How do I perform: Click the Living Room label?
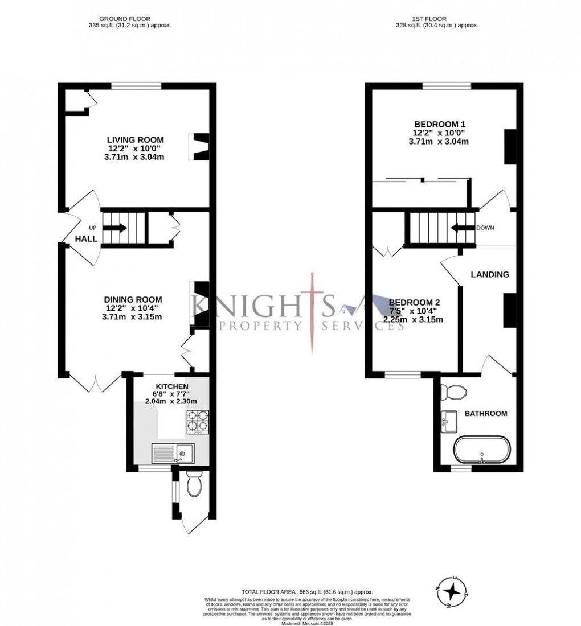[136, 139]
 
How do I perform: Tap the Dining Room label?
[133, 299]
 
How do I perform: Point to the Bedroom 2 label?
[414, 302]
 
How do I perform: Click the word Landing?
[489, 274]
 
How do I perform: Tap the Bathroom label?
[485, 413]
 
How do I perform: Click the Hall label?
[86, 239]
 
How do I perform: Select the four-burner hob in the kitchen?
[197, 423]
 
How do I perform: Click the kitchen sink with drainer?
[173, 453]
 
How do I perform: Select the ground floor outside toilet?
[193, 487]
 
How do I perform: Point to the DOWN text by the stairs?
[485, 228]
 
